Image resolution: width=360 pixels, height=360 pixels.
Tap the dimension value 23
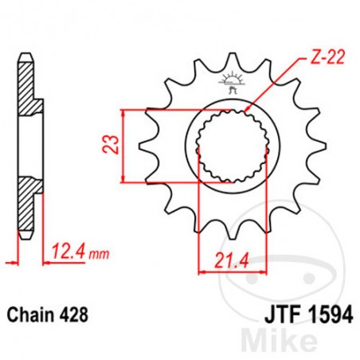coord(115,144)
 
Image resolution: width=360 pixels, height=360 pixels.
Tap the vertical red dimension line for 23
coord(125,144)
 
